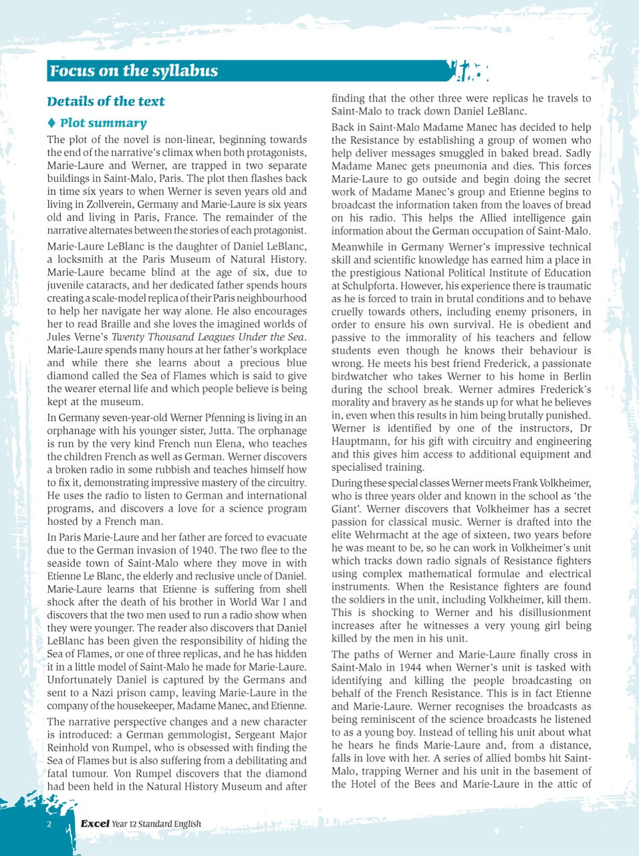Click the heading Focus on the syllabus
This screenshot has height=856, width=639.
[x=134, y=71]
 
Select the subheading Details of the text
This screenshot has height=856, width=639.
[x=106, y=102]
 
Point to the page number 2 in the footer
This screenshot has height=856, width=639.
[x=49, y=824]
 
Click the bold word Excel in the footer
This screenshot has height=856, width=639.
[x=94, y=824]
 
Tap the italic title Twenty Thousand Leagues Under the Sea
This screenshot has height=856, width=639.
[x=209, y=337]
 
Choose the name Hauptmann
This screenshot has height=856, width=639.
[x=360, y=441]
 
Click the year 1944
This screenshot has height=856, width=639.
[x=413, y=667]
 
